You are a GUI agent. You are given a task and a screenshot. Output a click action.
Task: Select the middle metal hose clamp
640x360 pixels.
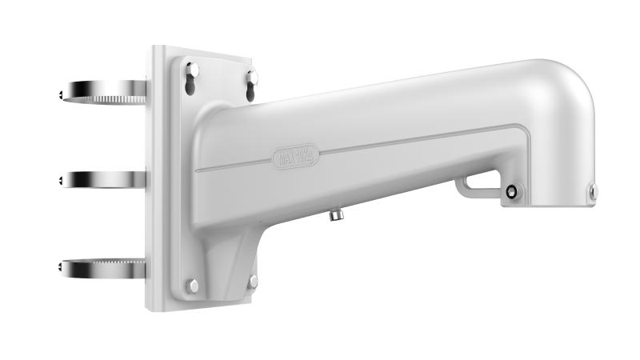[104, 178]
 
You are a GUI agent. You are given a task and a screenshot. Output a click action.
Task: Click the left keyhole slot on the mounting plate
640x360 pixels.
[192, 79]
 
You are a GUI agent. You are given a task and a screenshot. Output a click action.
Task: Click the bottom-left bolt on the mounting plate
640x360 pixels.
[193, 285]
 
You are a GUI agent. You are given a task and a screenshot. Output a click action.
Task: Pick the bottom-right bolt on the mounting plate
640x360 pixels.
[253, 282]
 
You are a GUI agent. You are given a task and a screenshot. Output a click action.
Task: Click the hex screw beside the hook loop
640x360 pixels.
[511, 191]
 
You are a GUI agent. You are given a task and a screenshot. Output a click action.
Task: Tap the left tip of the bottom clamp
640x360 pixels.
[62, 270]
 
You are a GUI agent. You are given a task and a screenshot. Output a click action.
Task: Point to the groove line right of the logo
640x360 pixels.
[416, 138]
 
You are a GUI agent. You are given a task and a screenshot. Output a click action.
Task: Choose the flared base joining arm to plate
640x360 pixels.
[228, 256]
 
